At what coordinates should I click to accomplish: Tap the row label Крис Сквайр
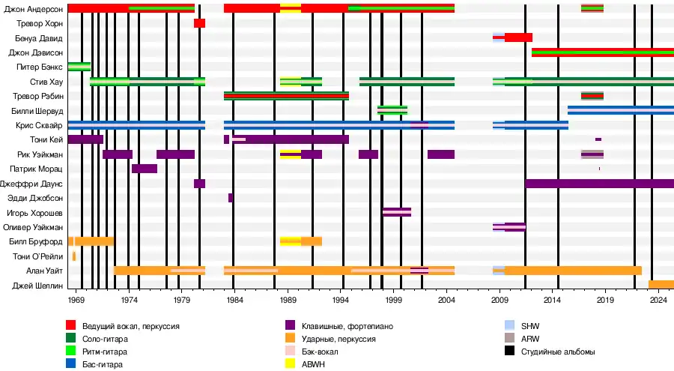[42, 125]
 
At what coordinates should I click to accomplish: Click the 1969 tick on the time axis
[76, 300]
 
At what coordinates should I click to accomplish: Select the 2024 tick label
[658, 300]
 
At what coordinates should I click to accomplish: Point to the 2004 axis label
[446, 300]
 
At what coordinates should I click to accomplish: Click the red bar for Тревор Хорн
[199, 23]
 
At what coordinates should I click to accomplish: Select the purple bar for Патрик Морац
[145, 169]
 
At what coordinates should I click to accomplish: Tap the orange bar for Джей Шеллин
[661, 285]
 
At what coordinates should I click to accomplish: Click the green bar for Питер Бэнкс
[79, 67]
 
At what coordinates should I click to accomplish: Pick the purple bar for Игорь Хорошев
[397, 212]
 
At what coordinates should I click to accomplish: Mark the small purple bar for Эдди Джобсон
[231, 198]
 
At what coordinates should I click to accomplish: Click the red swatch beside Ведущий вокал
[71, 325]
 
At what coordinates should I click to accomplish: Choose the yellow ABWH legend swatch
[291, 364]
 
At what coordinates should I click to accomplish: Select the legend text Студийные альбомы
[558, 351]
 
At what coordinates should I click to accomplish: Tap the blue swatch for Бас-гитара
[71, 364]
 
